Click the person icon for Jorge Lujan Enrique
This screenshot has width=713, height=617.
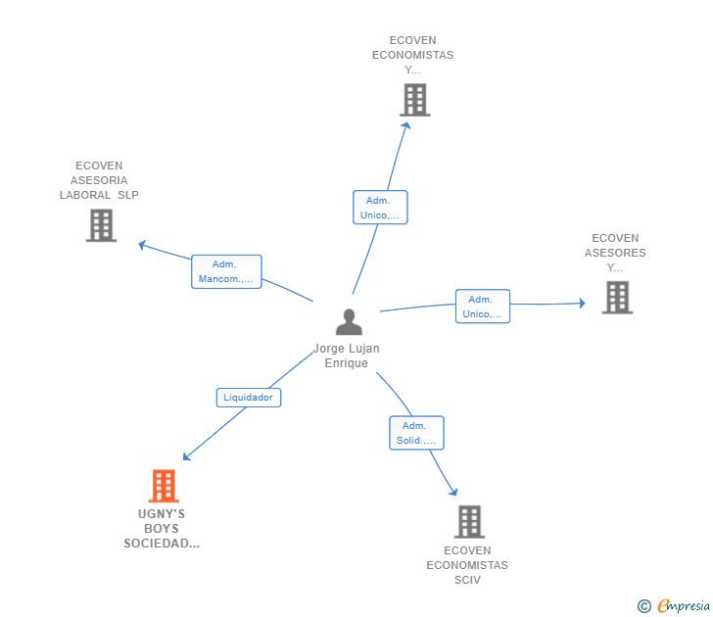(349, 322)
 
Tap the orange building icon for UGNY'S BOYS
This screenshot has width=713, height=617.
(164, 486)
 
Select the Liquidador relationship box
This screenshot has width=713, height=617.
(249, 398)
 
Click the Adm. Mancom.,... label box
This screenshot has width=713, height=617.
(226, 271)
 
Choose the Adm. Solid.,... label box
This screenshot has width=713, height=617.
(416, 433)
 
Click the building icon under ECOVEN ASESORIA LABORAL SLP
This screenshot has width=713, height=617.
(102, 225)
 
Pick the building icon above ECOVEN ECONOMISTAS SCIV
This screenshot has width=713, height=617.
(469, 522)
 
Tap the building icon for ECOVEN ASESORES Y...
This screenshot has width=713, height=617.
(617, 298)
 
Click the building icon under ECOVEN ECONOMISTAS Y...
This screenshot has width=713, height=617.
(415, 100)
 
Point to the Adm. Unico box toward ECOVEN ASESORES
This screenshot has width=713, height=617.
(483, 307)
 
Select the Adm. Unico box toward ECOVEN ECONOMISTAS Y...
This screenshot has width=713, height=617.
(380, 208)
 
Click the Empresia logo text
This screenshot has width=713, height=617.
(684, 606)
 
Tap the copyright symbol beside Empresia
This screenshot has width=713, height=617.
(644, 606)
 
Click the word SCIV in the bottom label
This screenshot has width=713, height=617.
(467, 580)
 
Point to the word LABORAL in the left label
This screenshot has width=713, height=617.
(85, 195)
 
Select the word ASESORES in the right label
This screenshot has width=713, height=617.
(615, 253)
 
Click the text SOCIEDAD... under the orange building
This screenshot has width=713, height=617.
(162, 544)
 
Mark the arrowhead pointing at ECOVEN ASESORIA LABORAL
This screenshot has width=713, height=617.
(142, 245)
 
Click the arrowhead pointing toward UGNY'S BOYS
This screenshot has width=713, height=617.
(186, 456)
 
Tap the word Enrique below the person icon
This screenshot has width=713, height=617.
(347, 363)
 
